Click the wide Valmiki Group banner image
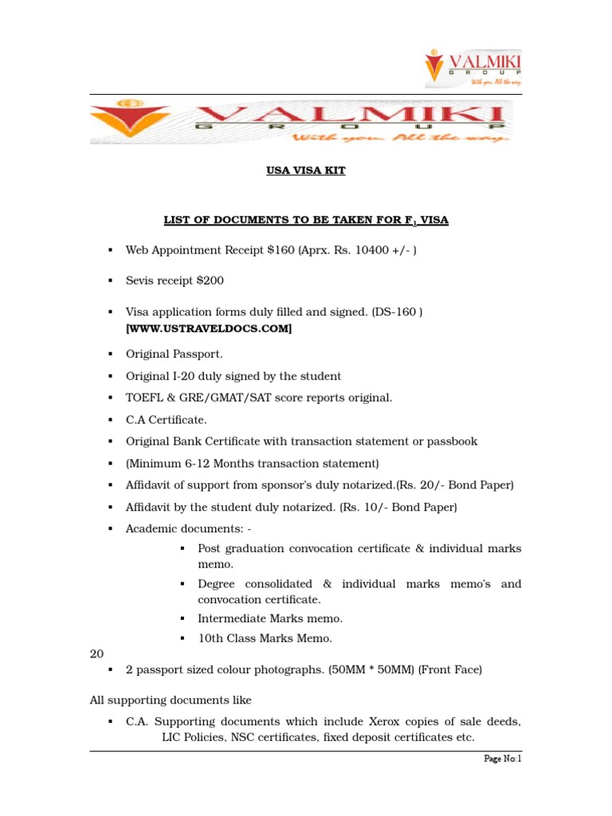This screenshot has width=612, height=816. coord(301,121)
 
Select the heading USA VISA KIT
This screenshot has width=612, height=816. coord(306,171)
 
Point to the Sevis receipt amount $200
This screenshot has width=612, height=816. coord(210,280)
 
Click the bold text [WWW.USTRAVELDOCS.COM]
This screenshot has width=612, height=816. coord(209,328)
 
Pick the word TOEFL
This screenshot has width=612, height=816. coord(143,397)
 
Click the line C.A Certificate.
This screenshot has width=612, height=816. coord(166,419)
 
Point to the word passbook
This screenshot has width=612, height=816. coord(453,441)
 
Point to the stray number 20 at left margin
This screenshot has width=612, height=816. coord(96,653)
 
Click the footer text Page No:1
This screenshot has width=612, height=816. coord(502,759)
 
